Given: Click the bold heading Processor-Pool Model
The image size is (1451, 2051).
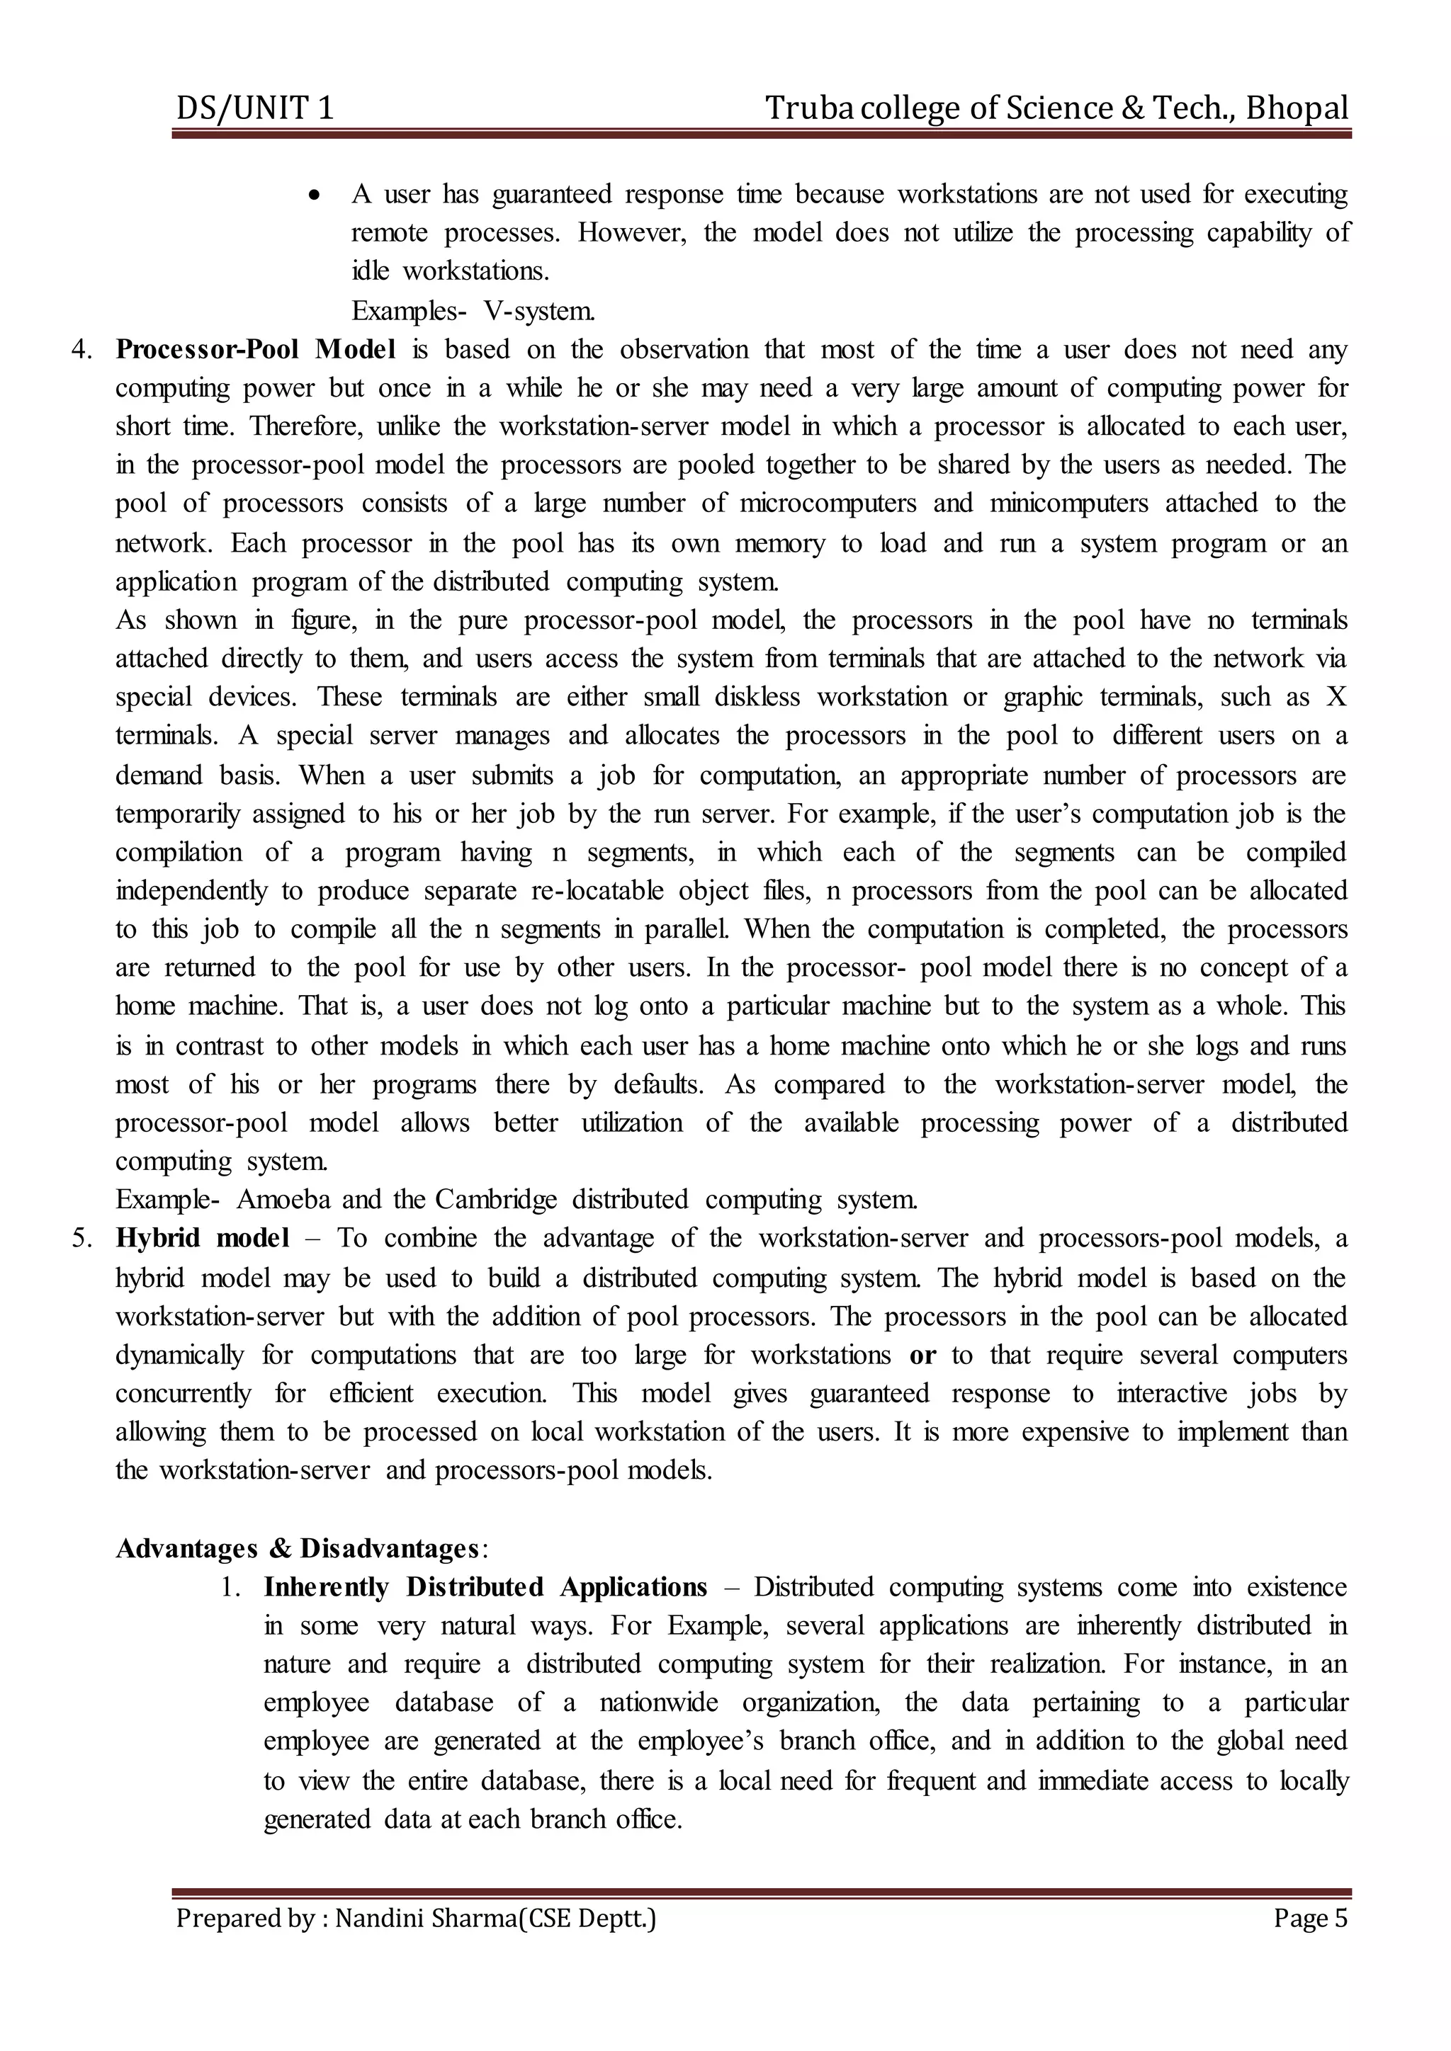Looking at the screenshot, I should click(256, 349).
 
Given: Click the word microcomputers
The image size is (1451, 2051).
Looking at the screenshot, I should click(828, 503).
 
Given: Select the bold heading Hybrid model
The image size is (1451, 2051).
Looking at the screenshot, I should click(202, 1238).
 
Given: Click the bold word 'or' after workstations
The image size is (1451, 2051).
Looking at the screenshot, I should click(922, 1355).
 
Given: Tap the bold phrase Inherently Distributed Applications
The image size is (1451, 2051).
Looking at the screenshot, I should click(485, 1587).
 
